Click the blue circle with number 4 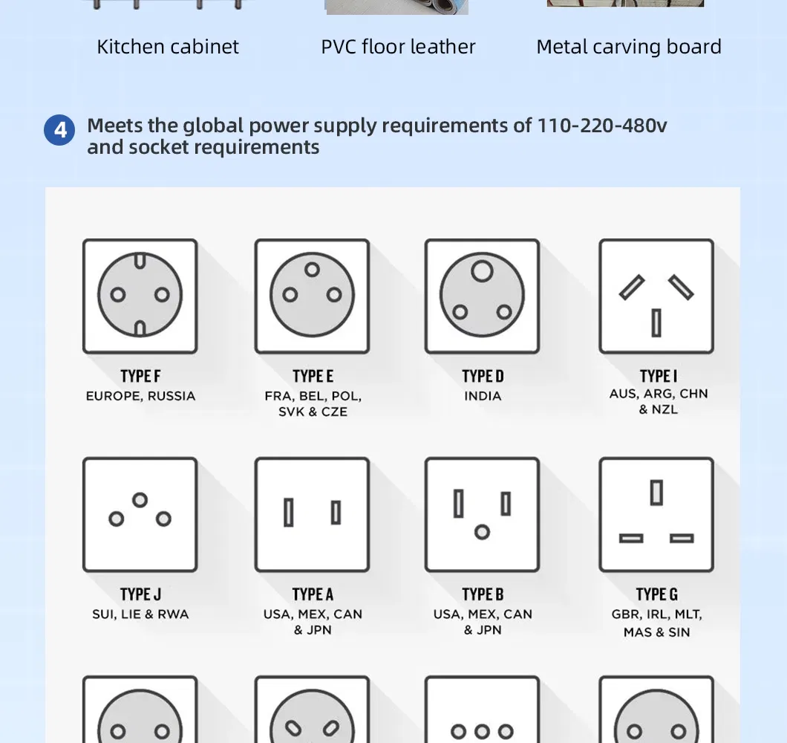click(x=59, y=130)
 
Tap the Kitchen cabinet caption click(x=168, y=47)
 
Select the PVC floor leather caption click(x=398, y=47)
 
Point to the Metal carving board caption click(x=629, y=47)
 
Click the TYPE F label click(x=140, y=376)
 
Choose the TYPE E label click(x=313, y=376)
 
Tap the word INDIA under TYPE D click(x=483, y=396)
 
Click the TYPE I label click(x=658, y=376)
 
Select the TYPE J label click(x=140, y=594)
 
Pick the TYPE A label click(x=313, y=594)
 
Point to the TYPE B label click(x=483, y=594)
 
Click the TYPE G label click(x=656, y=594)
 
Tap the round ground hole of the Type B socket click(x=483, y=532)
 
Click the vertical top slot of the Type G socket click(x=656, y=493)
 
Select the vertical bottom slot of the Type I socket click(x=656, y=322)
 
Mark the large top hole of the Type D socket click(x=482, y=271)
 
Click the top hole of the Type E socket click(x=312, y=270)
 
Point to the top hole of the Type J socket click(x=140, y=500)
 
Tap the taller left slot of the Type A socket click(x=289, y=513)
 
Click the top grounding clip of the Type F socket click(x=140, y=260)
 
